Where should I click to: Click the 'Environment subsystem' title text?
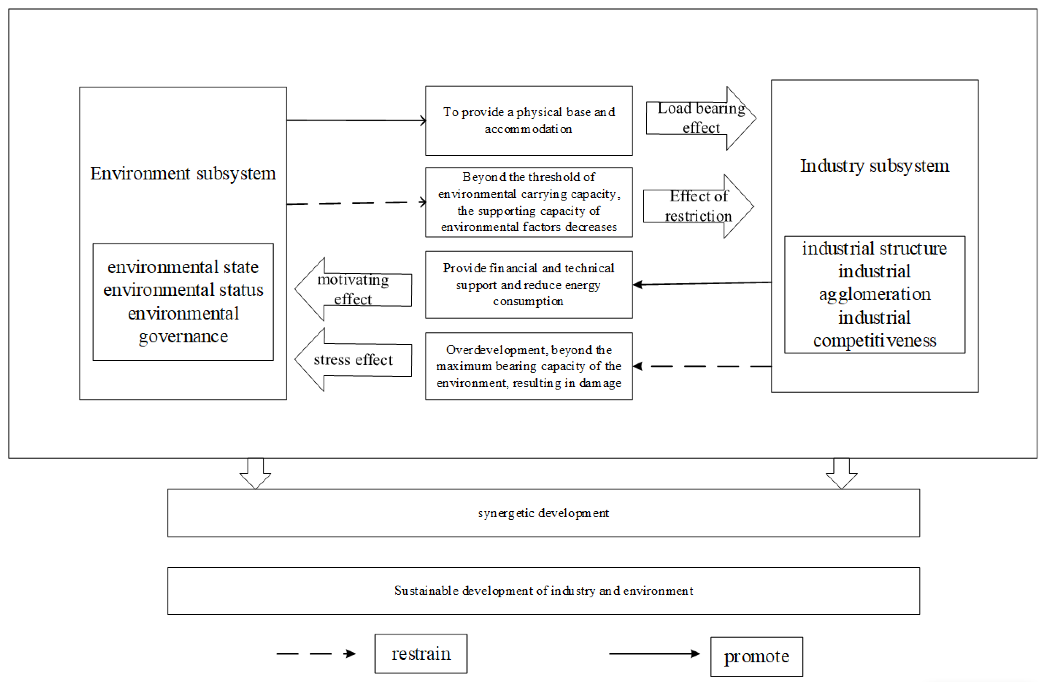click(x=183, y=173)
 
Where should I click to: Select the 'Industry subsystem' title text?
click(x=874, y=166)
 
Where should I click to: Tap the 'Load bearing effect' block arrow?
click(x=700, y=118)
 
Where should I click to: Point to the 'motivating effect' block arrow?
click(x=353, y=289)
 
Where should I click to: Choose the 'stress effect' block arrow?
click(x=353, y=360)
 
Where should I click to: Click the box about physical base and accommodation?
click(x=528, y=120)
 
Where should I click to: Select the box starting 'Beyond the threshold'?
click(x=528, y=202)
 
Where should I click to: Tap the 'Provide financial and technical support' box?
click(x=528, y=285)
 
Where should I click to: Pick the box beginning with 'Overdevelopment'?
click(x=528, y=366)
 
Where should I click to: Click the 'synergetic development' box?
click(x=543, y=513)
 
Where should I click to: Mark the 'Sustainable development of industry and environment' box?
click(x=543, y=590)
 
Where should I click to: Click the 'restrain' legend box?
click(x=421, y=654)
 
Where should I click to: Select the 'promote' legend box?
click(x=756, y=656)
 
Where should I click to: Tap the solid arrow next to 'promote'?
click(x=654, y=654)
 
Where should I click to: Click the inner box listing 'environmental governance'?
click(x=183, y=302)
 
